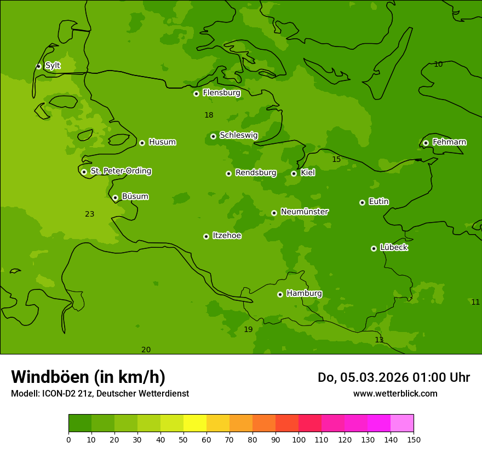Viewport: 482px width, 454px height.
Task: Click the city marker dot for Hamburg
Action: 280,294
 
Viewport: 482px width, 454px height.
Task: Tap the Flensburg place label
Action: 221,93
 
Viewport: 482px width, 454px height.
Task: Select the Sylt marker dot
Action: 38,66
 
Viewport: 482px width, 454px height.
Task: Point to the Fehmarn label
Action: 449,142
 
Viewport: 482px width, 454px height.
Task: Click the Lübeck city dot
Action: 374,248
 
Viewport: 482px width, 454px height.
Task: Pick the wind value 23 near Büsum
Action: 90,214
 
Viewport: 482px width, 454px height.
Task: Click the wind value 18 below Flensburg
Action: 209,115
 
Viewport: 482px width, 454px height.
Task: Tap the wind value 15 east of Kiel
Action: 336,159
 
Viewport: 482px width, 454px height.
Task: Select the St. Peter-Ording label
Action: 120,171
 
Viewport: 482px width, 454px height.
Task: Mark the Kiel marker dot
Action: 294,173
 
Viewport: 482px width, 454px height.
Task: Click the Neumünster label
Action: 304,212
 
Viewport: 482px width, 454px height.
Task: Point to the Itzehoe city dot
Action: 206,236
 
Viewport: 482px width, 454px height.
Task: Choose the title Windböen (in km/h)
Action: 88,377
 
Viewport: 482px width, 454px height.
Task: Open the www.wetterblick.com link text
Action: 395,394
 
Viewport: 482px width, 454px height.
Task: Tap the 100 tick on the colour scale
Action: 299,439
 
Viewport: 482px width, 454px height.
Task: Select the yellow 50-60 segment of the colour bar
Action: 195,423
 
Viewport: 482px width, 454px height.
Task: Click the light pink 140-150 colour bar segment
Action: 402,423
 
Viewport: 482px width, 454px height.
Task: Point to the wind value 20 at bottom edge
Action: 146,350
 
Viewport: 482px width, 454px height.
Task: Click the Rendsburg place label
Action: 255,173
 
